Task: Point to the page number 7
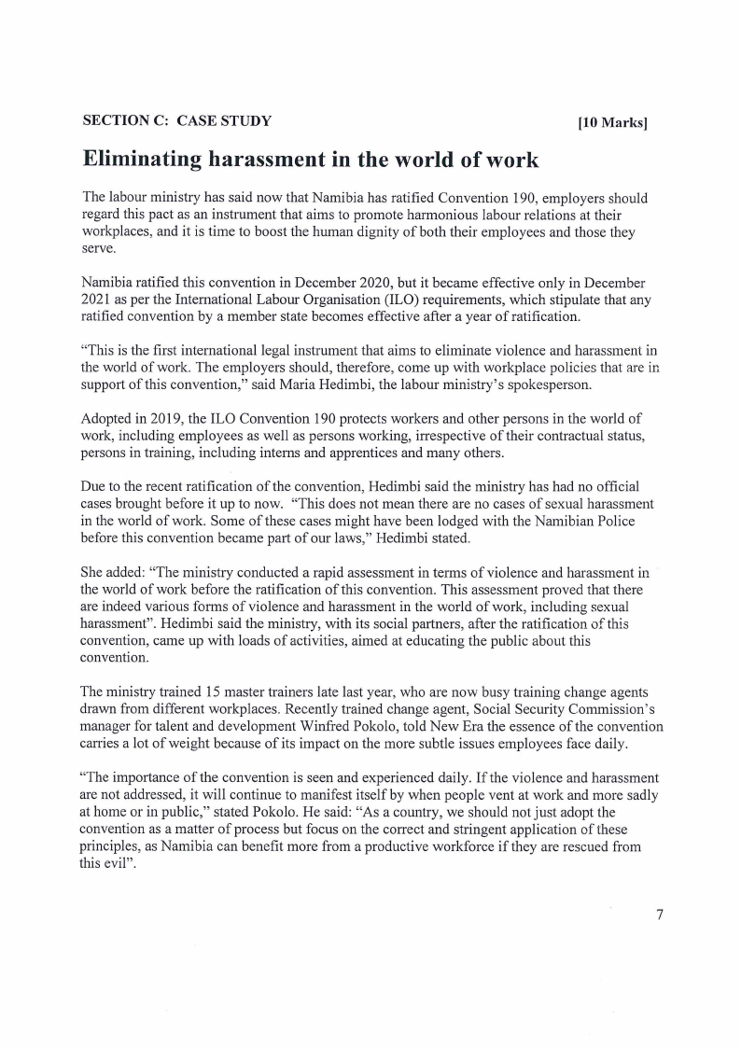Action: coord(659,914)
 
